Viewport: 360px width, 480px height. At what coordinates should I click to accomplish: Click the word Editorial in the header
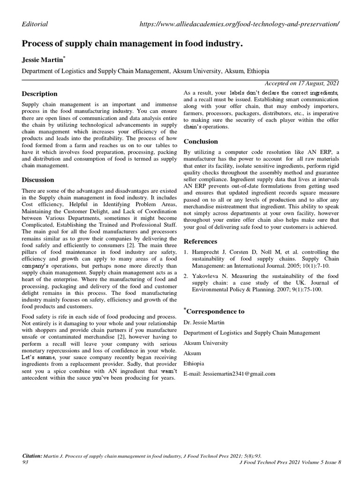[35, 24]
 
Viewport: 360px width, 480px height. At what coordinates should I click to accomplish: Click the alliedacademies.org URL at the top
[239, 24]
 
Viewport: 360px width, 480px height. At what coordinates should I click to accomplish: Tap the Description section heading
[40, 94]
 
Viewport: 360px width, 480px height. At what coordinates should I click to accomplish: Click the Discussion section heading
[38, 180]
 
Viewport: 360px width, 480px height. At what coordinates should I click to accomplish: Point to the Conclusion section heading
[201, 141]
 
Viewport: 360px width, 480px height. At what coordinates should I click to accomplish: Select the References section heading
[200, 241]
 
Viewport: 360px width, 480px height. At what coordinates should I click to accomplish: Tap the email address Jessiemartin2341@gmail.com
[229, 374]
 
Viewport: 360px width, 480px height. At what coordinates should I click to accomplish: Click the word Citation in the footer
[32, 456]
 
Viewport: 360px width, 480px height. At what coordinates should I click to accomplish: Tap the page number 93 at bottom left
[26, 462]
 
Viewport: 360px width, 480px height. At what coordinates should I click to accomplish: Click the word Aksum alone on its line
[192, 353]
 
